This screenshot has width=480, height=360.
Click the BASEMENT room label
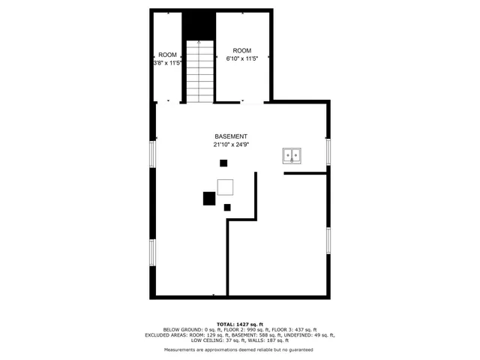(x=230, y=136)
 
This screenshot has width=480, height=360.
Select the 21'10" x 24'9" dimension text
(x=230, y=145)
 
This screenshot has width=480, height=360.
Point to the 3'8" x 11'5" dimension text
(x=167, y=63)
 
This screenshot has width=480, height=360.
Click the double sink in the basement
(x=292, y=155)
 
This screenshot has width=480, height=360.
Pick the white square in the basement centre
(x=225, y=187)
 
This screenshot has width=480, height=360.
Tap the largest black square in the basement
(x=208, y=199)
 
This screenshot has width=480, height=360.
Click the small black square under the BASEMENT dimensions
(x=223, y=163)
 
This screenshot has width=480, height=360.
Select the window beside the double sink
(x=328, y=152)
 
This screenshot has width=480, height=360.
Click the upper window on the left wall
(x=152, y=154)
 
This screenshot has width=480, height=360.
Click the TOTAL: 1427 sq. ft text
(x=240, y=322)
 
